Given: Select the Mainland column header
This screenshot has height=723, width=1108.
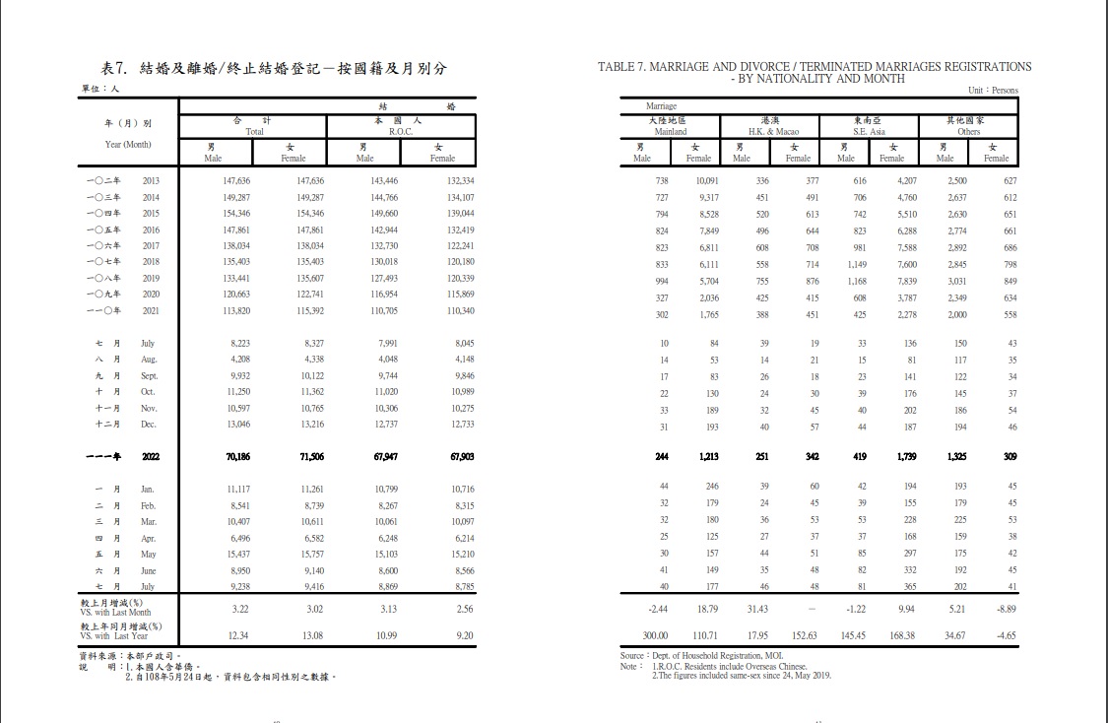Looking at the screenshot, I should click(670, 131).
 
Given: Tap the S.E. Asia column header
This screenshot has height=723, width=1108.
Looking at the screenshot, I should click(869, 131).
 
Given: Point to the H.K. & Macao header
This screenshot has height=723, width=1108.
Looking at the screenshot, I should click(773, 131).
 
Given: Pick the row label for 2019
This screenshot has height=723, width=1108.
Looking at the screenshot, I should click(151, 279).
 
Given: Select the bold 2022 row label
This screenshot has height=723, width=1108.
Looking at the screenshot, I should click(151, 457).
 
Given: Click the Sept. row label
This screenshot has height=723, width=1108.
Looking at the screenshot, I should click(150, 376).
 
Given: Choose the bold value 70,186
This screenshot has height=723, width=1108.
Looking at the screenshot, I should click(238, 457).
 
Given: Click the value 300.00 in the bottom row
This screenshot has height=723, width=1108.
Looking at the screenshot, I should click(657, 635).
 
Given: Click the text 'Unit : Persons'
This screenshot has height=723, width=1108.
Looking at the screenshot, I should click(993, 90).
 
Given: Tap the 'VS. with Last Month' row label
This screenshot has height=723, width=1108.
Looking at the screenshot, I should click(116, 612).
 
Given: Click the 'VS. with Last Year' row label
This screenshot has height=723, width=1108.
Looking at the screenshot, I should click(114, 636).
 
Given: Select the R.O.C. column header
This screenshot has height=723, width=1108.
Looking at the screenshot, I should click(400, 131).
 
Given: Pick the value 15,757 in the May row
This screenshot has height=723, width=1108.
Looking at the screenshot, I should click(309, 554).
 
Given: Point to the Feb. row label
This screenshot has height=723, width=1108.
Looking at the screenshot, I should click(149, 505).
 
